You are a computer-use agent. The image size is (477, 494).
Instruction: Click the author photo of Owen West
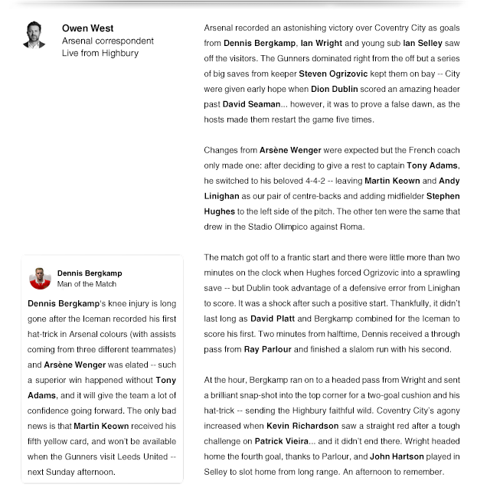34,35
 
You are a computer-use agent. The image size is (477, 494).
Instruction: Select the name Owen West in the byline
88,28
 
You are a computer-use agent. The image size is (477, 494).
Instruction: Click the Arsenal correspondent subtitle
108,41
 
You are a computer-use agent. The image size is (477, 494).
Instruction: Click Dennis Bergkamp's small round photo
40,278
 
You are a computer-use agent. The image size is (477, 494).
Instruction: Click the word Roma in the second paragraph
355,227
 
